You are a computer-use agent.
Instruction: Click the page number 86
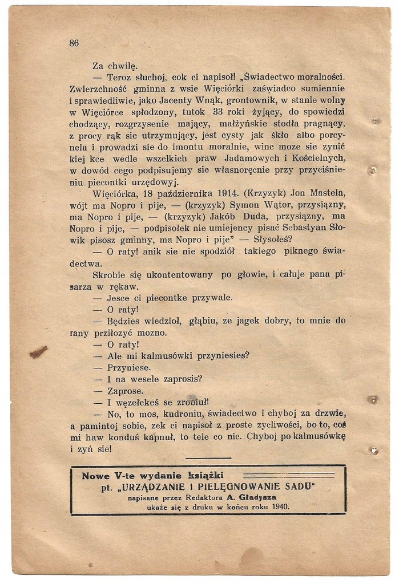tap(74, 43)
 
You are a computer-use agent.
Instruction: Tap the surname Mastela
tap(326, 193)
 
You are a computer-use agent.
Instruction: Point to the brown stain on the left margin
tap(38, 352)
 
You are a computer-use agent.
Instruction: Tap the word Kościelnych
tap(316, 157)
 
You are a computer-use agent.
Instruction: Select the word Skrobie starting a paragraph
tap(108, 275)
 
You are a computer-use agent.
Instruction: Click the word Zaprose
tap(126, 391)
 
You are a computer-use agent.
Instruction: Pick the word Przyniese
tap(129, 368)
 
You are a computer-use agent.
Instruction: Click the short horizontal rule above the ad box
tap(208, 458)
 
